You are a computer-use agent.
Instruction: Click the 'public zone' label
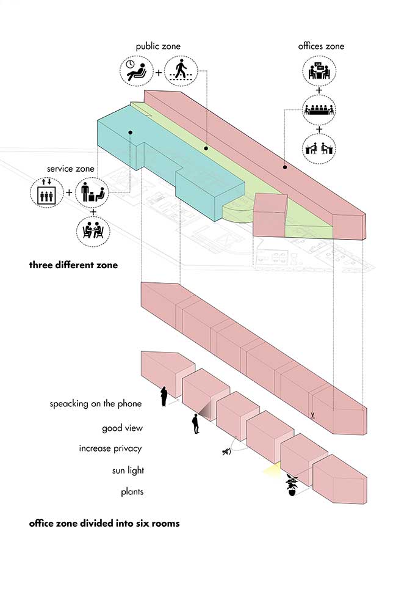(158, 46)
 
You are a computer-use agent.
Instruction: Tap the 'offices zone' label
(321, 46)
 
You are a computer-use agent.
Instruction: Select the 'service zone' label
(68, 168)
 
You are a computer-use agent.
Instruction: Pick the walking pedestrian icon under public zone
(181, 71)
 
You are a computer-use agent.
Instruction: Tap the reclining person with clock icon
(137, 71)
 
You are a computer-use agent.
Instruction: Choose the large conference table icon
(319, 111)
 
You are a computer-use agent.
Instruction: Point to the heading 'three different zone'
(73, 266)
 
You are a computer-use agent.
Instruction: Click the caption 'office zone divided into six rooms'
(104, 524)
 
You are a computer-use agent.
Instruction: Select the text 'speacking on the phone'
(96, 403)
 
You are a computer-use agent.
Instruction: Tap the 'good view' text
(122, 428)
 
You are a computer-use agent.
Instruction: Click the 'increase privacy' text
(110, 448)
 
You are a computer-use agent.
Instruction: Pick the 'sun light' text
(127, 470)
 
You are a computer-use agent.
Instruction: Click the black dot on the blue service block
(130, 133)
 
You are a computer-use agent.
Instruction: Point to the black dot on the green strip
(206, 148)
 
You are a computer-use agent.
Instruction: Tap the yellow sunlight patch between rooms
(270, 470)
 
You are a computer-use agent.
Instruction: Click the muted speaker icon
(227, 452)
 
